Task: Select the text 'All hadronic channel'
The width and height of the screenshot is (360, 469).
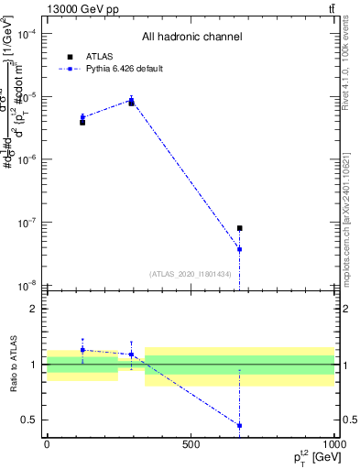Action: pos(191,38)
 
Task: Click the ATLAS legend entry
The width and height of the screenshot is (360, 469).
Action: pos(83,55)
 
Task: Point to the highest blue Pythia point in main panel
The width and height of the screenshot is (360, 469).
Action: pos(131,100)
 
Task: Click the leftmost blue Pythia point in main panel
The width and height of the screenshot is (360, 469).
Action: pos(82,117)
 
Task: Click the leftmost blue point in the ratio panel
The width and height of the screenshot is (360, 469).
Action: pos(82,350)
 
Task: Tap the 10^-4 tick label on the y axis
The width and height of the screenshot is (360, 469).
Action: pos(28,34)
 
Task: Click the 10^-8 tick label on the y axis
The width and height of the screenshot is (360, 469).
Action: pos(28,285)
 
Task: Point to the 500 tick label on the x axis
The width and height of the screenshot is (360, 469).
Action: pos(191,443)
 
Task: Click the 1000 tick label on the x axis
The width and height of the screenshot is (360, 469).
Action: pos(333,443)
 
